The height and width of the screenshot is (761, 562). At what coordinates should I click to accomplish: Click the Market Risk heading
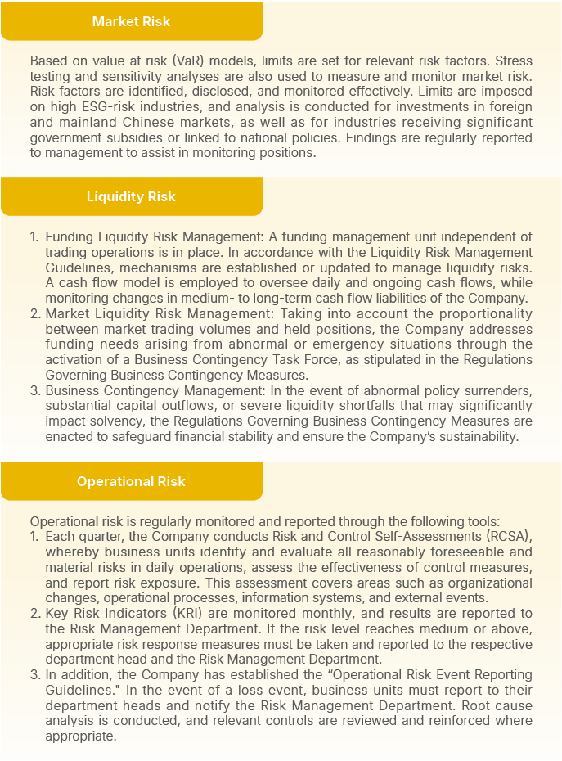pos(131,21)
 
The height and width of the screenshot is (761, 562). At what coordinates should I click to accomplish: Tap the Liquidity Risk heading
pos(131,196)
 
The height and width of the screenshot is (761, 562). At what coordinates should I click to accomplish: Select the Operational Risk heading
pos(131,481)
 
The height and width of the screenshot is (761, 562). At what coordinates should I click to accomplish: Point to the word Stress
pos(512,61)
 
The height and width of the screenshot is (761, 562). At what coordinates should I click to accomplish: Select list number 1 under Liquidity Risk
pos(34,236)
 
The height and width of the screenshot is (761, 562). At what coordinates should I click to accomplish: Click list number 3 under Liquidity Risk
pos(35,390)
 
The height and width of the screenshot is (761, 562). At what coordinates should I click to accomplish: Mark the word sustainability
pos(475,436)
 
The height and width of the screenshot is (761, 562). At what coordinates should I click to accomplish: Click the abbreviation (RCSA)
pos(502,536)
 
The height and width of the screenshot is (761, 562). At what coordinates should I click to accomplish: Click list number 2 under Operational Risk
pos(34,613)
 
